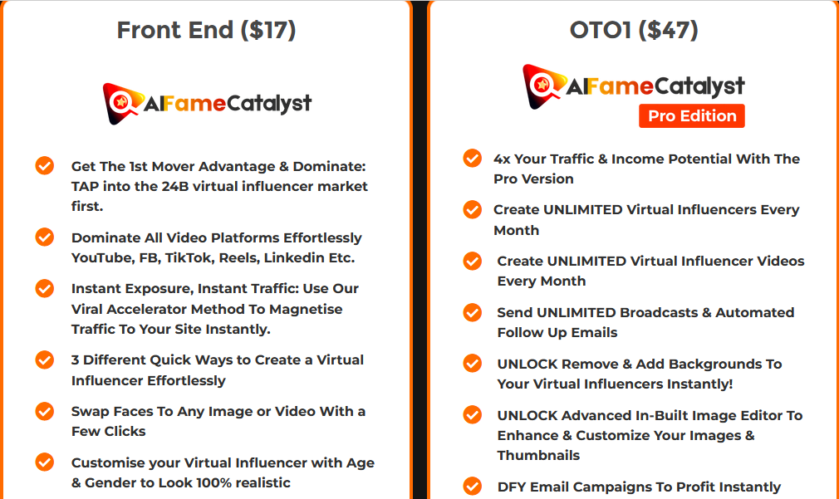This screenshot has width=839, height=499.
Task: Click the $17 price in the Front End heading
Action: coord(267,30)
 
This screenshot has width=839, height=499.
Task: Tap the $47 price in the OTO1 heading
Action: coord(670,30)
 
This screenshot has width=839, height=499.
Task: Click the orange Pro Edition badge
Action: coord(692,115)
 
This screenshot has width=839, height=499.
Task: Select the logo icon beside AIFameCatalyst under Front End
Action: coord(121,103)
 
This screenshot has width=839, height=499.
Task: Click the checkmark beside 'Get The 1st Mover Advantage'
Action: coord(45,166)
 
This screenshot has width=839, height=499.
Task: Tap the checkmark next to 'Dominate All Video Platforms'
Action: coord(45,237)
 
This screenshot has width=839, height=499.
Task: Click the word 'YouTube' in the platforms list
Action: coord(101,257)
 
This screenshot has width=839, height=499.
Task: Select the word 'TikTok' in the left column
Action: coord(189,257)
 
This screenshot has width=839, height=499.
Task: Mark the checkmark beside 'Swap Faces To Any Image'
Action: coord(45,411)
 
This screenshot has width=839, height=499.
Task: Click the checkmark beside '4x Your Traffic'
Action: coord(472,158)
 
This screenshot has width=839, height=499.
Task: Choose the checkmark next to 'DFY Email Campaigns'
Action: coord(472,486)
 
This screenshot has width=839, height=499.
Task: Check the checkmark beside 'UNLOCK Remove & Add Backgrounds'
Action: coord(472,364)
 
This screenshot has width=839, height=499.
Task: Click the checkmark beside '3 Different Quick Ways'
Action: coord(45,360)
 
